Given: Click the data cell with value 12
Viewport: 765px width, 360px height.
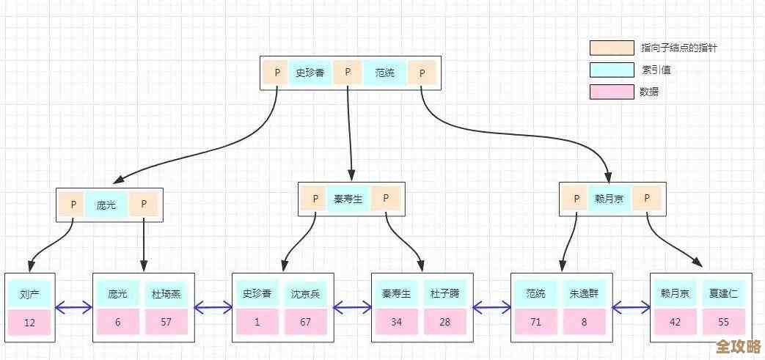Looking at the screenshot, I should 30,322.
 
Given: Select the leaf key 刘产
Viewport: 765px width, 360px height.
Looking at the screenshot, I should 30,294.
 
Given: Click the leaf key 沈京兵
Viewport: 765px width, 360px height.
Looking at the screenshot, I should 305,294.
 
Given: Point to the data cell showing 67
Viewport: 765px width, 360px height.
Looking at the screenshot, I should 305,322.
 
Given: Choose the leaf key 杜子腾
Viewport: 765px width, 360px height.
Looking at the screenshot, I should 444,294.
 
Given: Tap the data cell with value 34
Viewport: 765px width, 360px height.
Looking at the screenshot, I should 396,322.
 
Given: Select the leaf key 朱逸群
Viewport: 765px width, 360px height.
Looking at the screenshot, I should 585,294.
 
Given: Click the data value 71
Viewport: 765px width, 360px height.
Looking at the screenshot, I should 536,322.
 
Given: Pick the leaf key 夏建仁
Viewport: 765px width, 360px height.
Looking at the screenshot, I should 723,294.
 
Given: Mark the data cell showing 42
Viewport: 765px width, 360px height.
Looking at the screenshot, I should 675,322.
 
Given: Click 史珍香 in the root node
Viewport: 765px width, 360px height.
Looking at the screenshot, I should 310,73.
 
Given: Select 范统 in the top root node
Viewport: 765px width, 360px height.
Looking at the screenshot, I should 384,73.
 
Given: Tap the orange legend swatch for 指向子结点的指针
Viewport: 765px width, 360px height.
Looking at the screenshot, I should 612,48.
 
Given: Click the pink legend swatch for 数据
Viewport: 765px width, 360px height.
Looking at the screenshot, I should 612,92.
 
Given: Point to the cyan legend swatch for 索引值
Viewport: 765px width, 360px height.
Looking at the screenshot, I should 612,70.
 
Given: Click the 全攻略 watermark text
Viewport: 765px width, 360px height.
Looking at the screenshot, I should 737,345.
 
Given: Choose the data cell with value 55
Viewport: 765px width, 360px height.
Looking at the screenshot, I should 723,322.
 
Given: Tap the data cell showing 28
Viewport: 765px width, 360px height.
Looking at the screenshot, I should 444,322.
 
